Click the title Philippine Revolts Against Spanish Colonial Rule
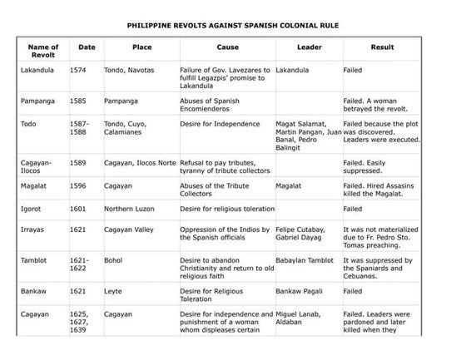[x=232, y=26]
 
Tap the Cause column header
[x=227, y=47]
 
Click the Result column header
[x=382, y=47]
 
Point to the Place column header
[x=141, y=47]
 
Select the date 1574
[x=78, y=70]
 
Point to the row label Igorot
[x=32, y=209]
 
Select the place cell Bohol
[x=113, y=260]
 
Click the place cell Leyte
[x=113, y=292]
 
